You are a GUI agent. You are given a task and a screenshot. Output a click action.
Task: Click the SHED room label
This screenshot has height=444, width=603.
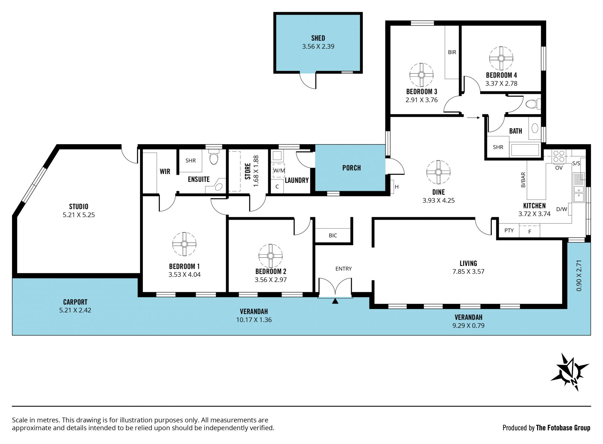tap(318, 38)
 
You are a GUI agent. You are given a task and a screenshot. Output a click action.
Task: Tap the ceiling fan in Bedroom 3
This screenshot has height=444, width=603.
tap(421, 75)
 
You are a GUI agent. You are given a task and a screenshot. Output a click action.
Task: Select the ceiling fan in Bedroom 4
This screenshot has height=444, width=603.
tap(501, 58)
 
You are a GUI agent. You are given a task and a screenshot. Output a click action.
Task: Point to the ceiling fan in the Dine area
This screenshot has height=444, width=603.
tap(438, 172)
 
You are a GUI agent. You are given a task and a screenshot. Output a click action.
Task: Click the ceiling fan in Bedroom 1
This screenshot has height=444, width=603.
tap(184, 244)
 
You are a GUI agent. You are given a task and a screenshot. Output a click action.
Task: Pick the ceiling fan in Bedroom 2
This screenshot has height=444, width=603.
tap(270, 256)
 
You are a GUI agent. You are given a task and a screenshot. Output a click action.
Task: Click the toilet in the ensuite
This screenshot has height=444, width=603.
tap(214, 157)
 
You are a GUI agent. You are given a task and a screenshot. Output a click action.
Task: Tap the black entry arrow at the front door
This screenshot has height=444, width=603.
tap(335, 301)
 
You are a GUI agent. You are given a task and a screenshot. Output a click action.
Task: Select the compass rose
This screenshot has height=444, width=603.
tap(570, 372)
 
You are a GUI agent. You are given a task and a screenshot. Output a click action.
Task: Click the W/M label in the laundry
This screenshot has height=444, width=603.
tap(279, 171)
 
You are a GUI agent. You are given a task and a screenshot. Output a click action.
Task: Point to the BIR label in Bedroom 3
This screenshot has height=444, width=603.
tap(452, 52)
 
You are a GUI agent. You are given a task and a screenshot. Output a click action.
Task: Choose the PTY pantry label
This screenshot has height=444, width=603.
tap(509, 230)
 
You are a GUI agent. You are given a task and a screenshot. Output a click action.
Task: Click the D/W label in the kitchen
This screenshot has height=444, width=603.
tap(562, 209)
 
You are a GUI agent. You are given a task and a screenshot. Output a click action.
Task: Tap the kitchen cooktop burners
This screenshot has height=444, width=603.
tap(559, 156)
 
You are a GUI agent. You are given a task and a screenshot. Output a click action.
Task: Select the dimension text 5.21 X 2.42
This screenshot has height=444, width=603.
tap(75, 310)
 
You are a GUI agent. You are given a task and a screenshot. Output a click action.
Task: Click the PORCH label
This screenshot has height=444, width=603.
tap(351, 168)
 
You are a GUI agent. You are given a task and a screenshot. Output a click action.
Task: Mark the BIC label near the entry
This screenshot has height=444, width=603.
tap(333, 236)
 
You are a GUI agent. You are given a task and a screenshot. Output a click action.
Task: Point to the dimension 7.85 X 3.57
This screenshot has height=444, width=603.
tap(468, 272)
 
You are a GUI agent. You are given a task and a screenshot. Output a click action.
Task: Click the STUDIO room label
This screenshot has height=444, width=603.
tap(79, 207)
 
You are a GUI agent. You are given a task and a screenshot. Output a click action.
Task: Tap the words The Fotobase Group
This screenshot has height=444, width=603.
tap(563, 428)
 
